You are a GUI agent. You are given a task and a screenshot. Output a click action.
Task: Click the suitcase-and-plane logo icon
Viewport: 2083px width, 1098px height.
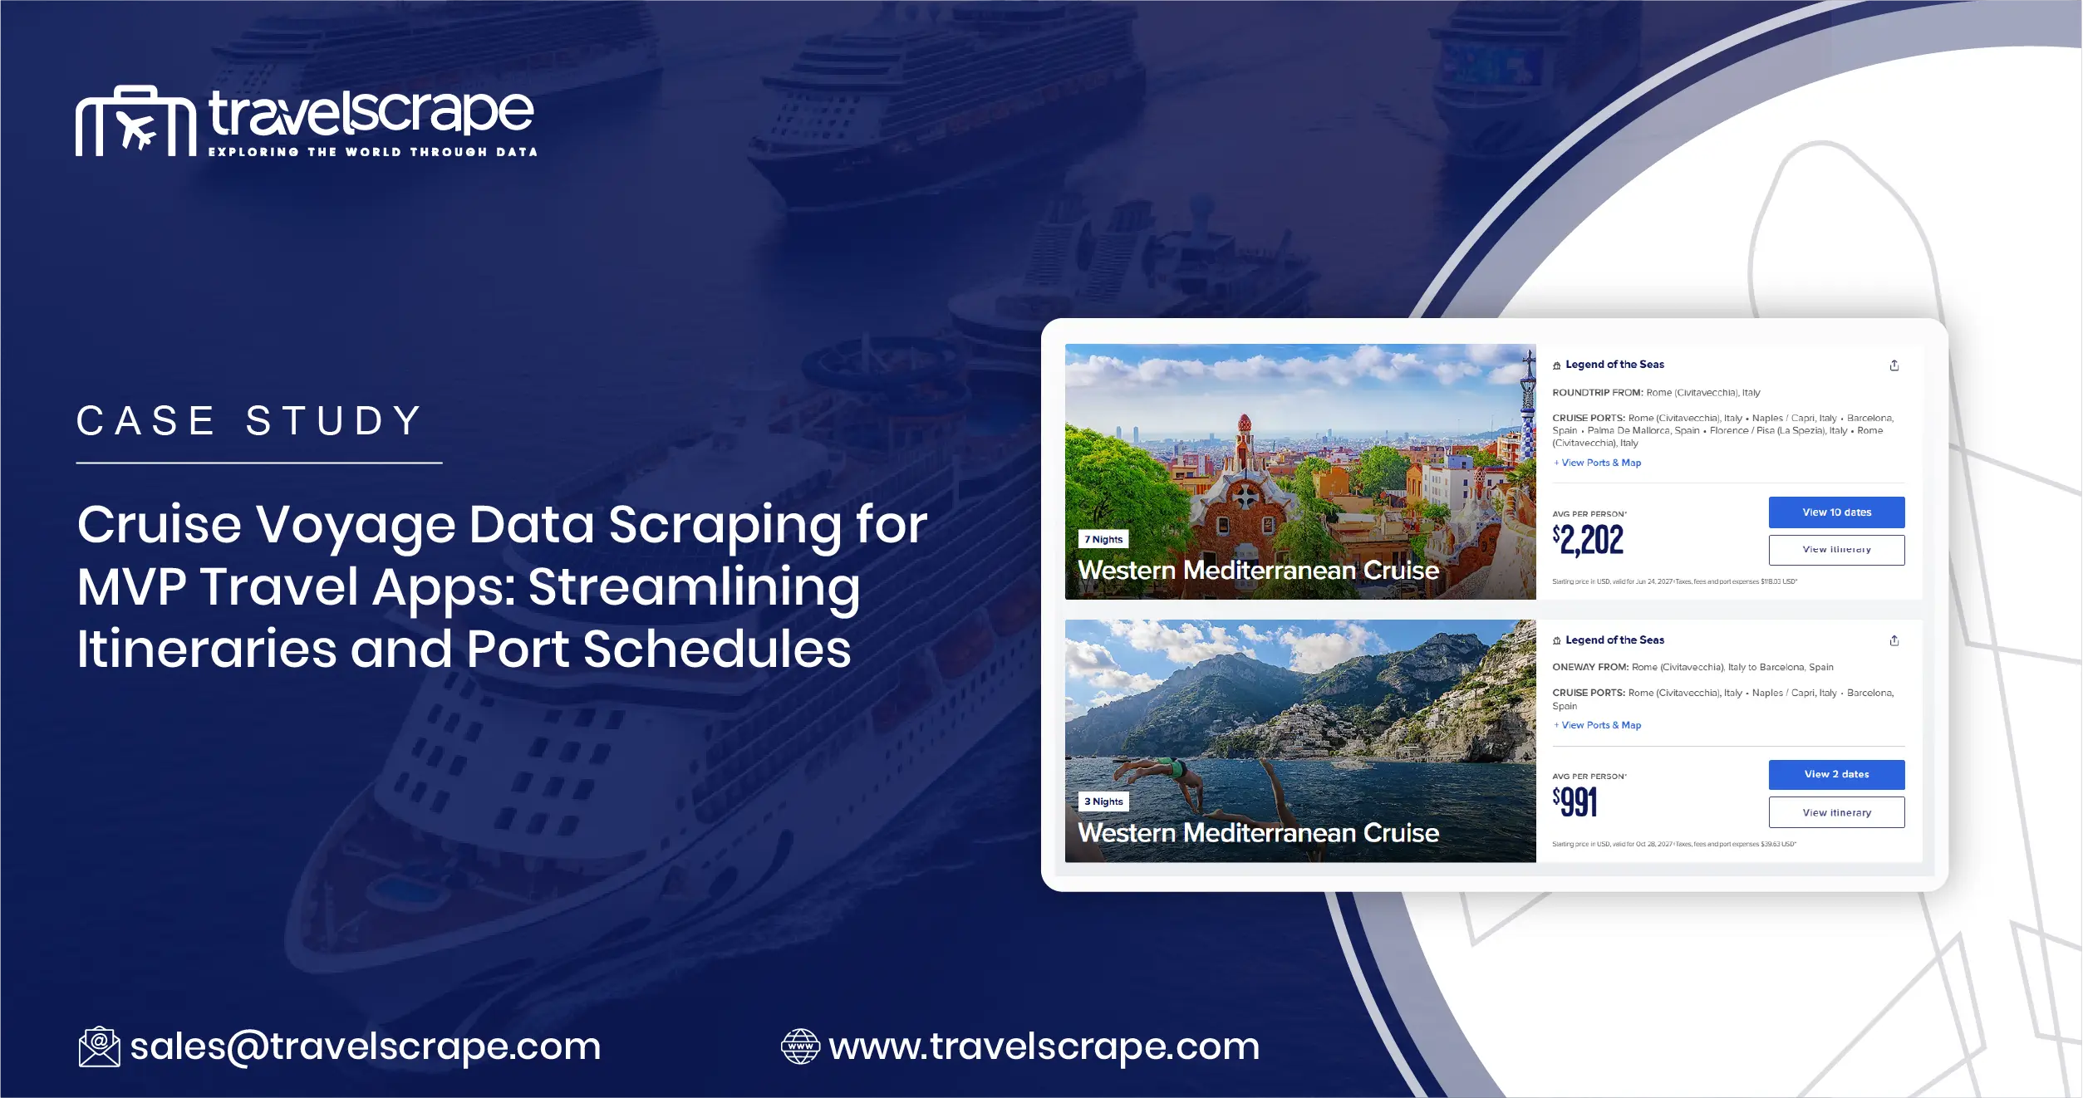[135, 121]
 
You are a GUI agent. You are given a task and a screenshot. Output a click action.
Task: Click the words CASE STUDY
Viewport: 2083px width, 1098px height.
[250, 420]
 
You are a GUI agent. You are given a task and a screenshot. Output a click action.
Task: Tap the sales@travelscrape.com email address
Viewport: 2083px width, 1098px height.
[366, 1046]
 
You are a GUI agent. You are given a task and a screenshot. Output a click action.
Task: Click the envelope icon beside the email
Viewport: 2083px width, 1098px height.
[99, 1047]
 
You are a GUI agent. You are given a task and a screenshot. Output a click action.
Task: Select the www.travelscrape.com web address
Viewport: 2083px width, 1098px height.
[1044, 1046]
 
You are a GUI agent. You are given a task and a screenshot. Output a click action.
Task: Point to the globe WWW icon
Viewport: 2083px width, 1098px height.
[800, 1047]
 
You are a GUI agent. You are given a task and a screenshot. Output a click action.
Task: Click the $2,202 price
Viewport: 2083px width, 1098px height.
[1588, 540]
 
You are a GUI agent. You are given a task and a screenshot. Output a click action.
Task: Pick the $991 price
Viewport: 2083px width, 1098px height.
[1575, 801]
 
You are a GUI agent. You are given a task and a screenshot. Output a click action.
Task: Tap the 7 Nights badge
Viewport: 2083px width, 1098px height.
[1103, 539]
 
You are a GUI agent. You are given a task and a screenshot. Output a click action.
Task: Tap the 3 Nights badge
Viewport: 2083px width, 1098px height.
[1103, 801]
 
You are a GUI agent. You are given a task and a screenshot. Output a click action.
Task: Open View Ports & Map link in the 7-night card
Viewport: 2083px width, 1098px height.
[1599, 463]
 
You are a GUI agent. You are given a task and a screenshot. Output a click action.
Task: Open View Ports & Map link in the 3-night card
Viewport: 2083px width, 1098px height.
[1599, 725]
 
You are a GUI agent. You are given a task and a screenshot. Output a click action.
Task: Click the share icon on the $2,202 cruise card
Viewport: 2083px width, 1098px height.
[1894, 365]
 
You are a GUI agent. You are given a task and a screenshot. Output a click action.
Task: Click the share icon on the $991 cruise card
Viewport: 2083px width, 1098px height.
[1894, 640]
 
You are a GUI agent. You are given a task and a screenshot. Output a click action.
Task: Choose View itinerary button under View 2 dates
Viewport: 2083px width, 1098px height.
[1836, 812]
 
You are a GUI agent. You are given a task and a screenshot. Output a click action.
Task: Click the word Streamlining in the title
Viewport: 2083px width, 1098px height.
[694, 586]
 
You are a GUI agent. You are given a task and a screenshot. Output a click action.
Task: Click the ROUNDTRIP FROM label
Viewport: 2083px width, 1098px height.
[1597, 393]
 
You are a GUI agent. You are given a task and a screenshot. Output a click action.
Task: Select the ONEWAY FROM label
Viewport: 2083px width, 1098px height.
[1589, 667]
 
